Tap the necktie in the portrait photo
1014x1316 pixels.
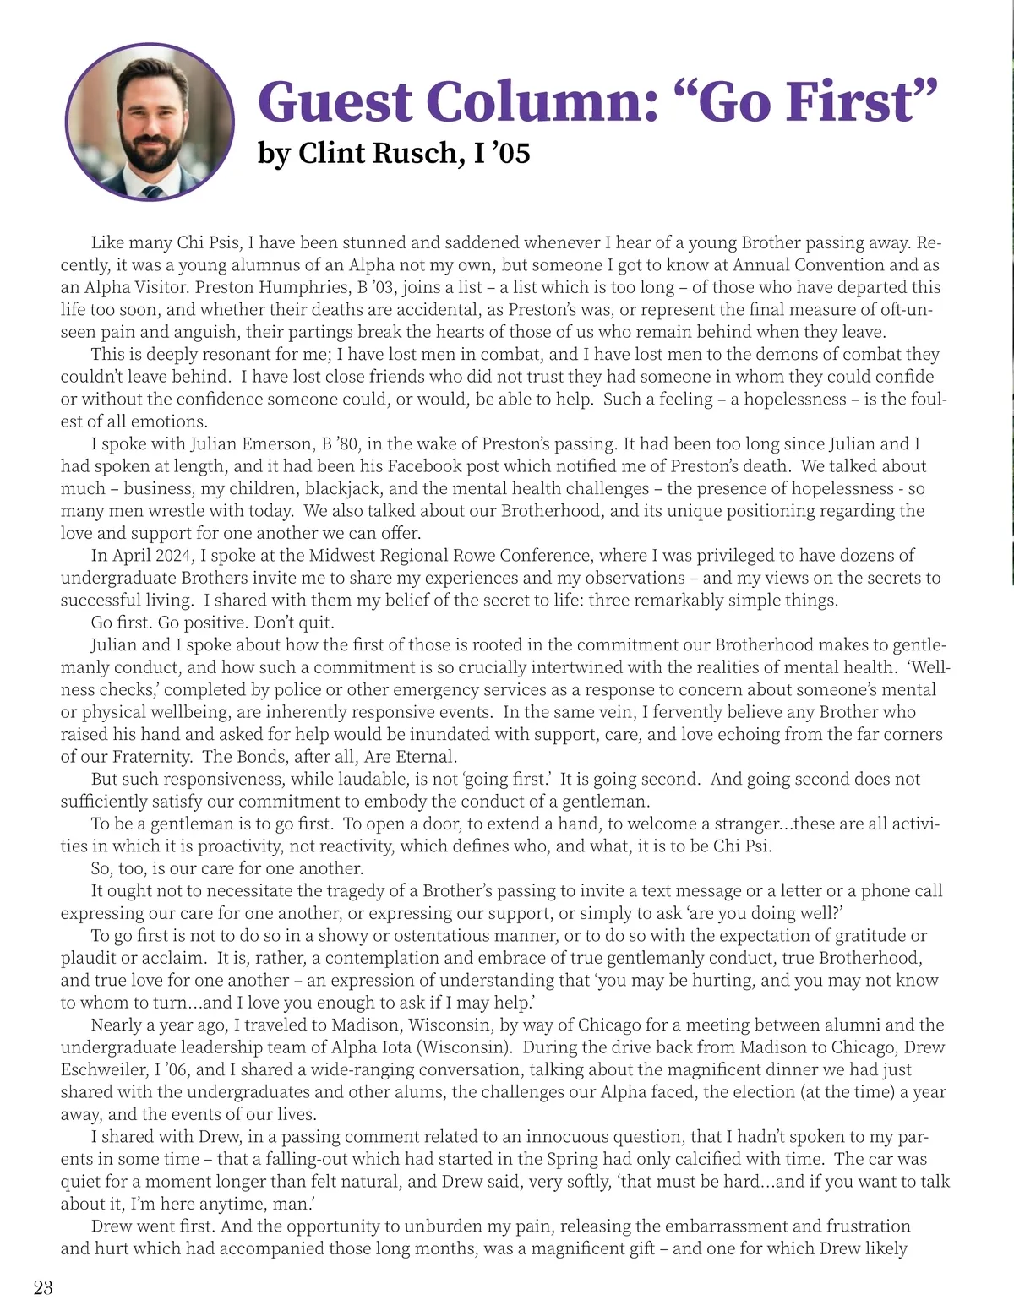153,193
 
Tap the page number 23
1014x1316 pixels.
43,1288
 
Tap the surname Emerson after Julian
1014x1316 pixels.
276,443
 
